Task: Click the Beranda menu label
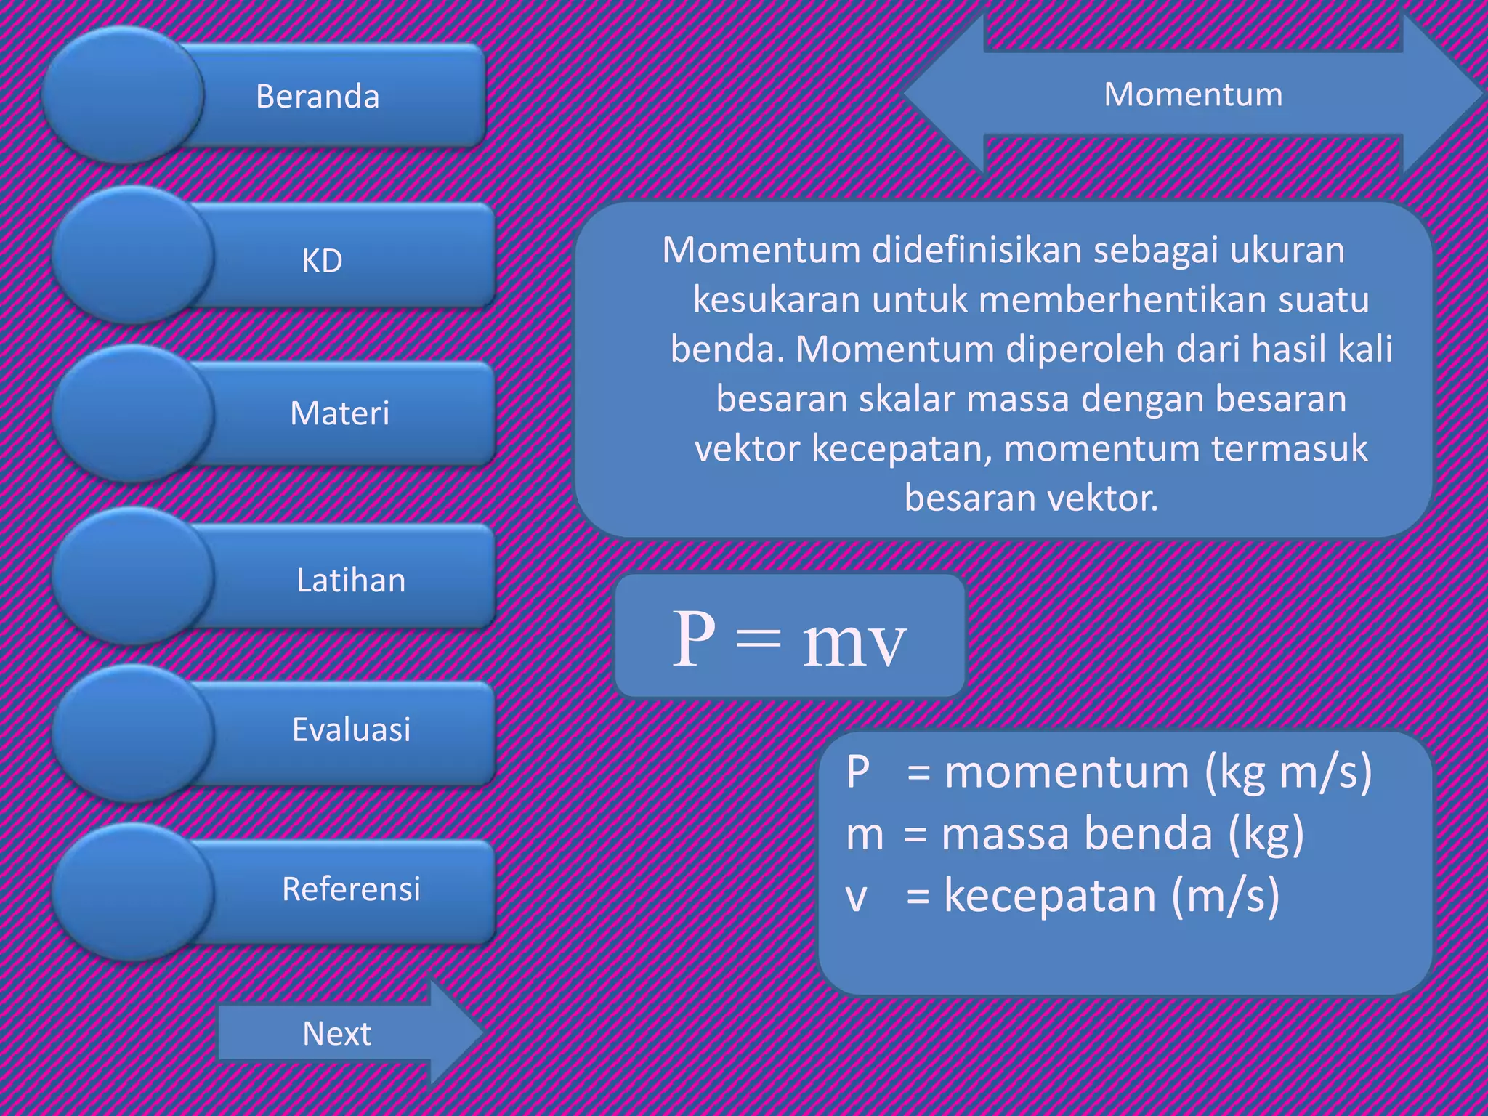pyautogui.click(x=318, y=97)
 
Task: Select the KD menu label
pyautogui.click(x=322, y=261)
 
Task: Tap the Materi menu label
pyautogui.click(x=339, y=413)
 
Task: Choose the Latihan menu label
pyautogui.click(x=351, y=581)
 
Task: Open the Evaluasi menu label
pyautogui.click(x=351, y=729)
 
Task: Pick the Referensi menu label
pyautogui.click(x=351, y=889)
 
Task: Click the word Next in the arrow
pyautogui.click(x=336, y=1034)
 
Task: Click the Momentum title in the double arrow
pyautogui.click(x=1193, y=94)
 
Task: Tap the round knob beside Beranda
pyautogui.click(x=122, y=95)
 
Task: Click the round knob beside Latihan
pyautogui.click(x=132, y=576)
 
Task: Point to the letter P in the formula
pyautogui.click(x=693, y=638)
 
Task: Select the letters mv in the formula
pyautogui.click(x=854, y=644)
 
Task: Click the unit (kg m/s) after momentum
pyautogui.click(x=1288, y=772)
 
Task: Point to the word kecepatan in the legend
pyautogui.click(x=1049, y=895)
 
